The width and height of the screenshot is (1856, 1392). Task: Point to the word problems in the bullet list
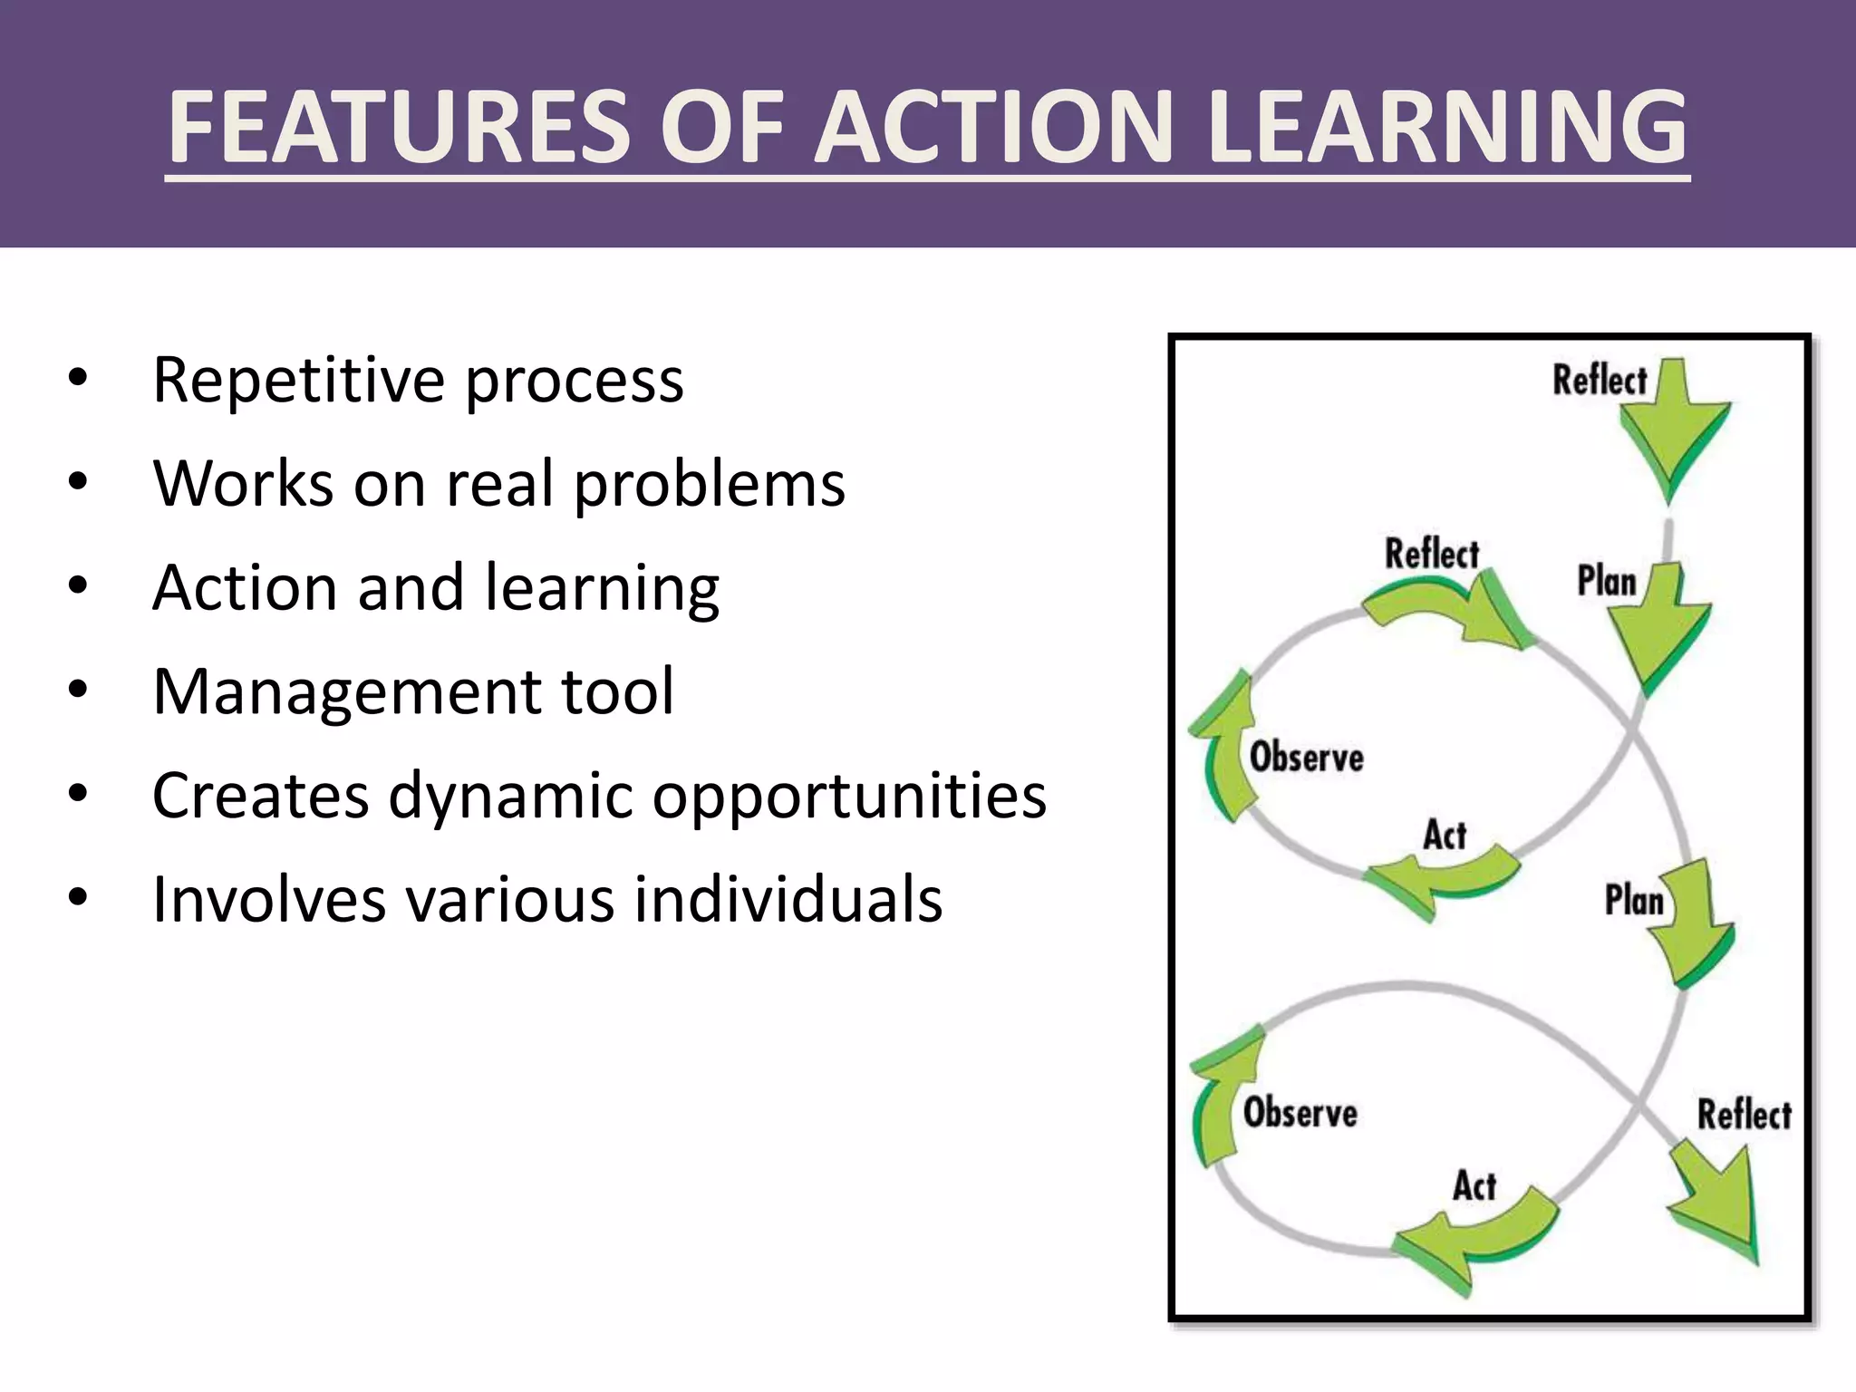coord(710,484)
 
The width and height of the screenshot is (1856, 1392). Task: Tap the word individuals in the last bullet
coord(788,900)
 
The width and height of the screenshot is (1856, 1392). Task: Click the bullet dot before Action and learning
coord(78,586)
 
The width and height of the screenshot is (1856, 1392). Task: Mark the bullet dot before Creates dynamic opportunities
coord(78,795)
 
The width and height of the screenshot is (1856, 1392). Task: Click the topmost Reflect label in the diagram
coord(1600,380)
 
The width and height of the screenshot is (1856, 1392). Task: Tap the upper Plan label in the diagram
coord(1606,581)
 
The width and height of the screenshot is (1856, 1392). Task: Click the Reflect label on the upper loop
coord(1431,554)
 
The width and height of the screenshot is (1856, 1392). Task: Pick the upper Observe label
coord(1306,757)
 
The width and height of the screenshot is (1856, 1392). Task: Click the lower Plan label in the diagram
coord(1634,901)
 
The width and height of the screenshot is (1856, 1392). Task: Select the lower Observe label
coord(1300,1113)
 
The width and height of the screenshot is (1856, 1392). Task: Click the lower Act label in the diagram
coord(1474,1185)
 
